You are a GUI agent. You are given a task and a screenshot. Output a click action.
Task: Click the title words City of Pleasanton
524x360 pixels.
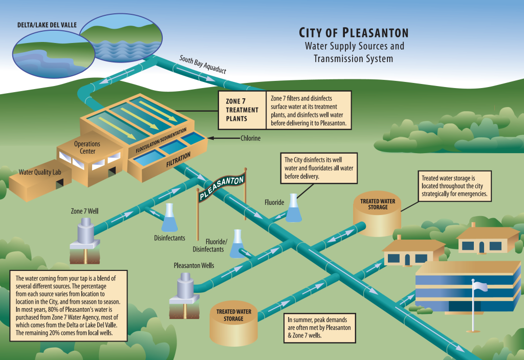(x=354, y=33)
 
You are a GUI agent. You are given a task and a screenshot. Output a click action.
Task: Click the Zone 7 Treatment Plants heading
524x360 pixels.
(x=242, y=110)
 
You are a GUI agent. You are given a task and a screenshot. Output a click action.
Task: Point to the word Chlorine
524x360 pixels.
(x=251, y=138)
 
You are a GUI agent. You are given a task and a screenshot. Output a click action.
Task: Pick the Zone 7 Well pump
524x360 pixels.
(x=85, y=233)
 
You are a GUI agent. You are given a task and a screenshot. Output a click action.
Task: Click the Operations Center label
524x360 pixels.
(x=87, y=147)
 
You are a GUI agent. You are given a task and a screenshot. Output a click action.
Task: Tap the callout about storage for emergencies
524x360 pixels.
(x=455, y=186)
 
